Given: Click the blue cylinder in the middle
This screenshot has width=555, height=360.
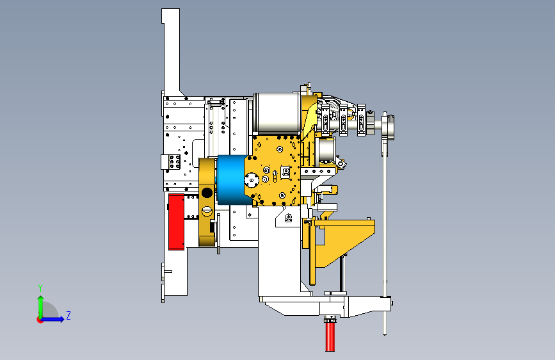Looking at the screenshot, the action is coord(231,180).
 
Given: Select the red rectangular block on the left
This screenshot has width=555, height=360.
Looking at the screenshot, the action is coord(176,222).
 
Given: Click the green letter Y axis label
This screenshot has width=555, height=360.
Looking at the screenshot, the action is coord(40,288).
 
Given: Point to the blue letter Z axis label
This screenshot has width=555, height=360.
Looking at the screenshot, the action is coord(68,315).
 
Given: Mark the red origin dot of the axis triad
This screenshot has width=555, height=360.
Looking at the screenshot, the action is coord(40,320).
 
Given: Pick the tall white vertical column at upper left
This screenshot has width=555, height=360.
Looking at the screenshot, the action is coord(171,51).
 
